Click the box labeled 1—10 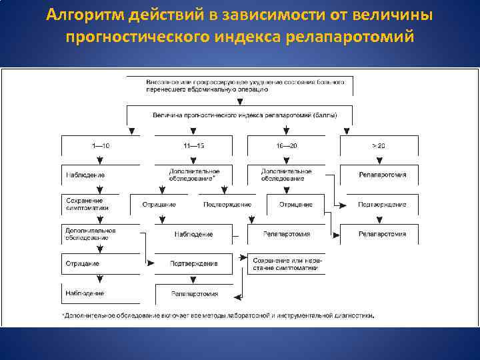click(x=100, y=145)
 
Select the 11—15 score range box click(x=194, y=145)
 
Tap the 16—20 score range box click(x=287, y=145)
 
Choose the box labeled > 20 click(x=379, y=145)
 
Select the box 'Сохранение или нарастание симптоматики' click(x=285, y=263)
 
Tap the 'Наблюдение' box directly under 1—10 click(x=85, y=175)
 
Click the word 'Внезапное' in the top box click(x=162, y=82)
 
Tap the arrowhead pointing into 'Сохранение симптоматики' click(x=99, y=191)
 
